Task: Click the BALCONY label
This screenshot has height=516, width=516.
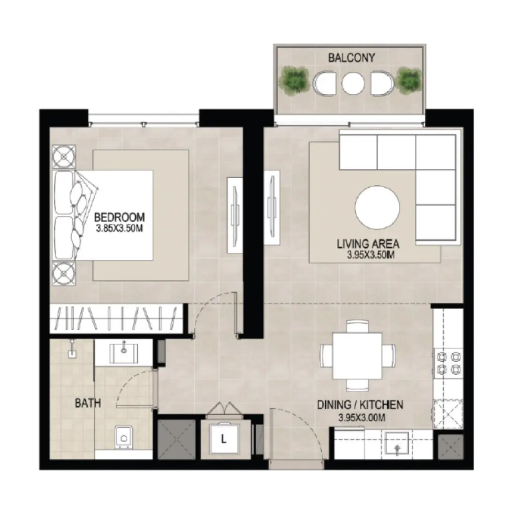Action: click(x=351, y=58)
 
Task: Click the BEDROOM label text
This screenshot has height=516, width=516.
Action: click(x=119, y=217)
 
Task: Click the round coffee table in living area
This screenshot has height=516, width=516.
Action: click(x=378, y=208)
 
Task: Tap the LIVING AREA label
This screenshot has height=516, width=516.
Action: click(x=368, y=244)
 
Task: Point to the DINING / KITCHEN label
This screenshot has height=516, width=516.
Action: click(x=360, y=404)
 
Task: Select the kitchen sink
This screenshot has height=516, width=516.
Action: click(x=397, y=446)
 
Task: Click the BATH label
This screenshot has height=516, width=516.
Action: click(x=88, y=403)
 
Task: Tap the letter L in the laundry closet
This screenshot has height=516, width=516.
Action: click(x=224, y=440)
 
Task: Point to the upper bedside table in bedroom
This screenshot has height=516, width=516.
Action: click(x=63, y=157)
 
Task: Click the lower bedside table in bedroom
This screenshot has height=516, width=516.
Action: click(x=63, y=274)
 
